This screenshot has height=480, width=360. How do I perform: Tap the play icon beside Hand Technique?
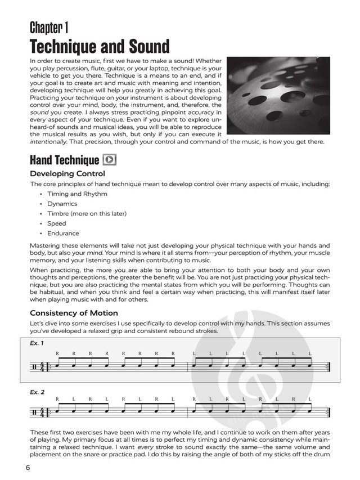coord(110,159)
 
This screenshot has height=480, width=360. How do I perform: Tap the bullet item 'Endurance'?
coord(63,233)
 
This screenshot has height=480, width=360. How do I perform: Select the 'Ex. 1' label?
coord(37,343)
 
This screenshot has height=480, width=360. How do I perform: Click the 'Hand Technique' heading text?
coord(65,159)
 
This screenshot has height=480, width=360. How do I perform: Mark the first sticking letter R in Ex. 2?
coord(57,399)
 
